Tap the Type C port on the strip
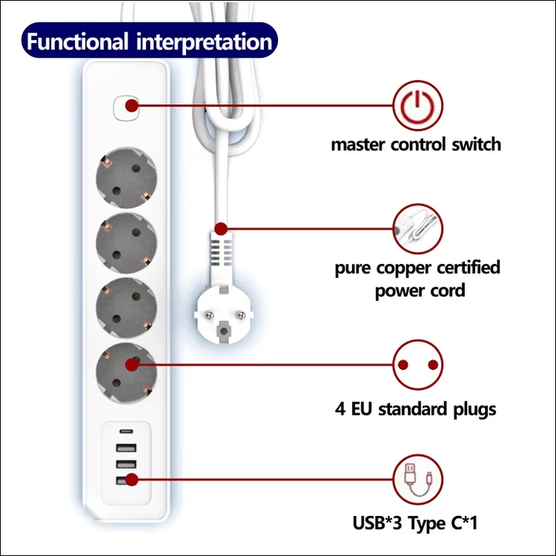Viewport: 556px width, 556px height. click(125, 432)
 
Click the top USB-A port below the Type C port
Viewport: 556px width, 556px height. click(125, 449)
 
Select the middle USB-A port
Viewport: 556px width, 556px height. click(125, 465)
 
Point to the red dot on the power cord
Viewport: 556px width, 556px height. click(222, 229)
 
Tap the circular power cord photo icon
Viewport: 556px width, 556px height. click(418, 229)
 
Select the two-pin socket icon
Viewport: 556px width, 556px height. click(418, 365)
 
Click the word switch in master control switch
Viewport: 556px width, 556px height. click(473, 144)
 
